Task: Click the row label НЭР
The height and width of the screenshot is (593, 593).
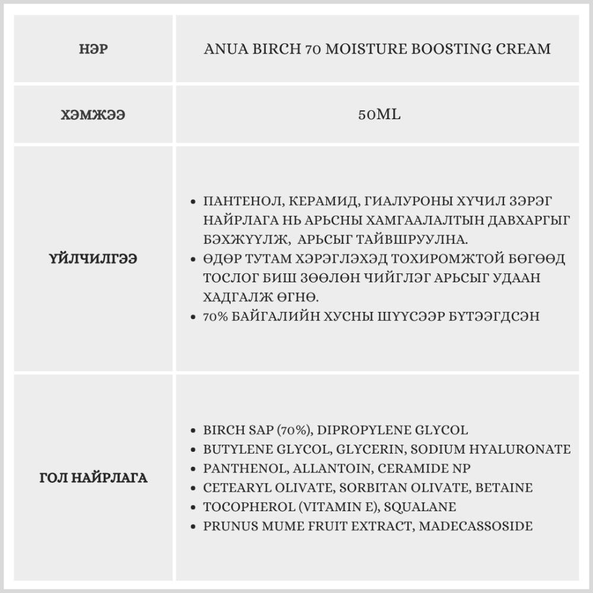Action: (93, 49)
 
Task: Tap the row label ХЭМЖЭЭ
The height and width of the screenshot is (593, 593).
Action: (93, 114)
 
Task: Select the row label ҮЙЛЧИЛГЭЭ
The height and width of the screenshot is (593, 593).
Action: (93, 259)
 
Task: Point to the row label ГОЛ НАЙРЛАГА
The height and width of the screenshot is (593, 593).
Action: (93, 477)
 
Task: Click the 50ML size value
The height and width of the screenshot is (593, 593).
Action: (379, 114)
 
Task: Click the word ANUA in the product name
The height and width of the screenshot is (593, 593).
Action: (223, 49)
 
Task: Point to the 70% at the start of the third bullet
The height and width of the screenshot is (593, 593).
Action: (214, 317)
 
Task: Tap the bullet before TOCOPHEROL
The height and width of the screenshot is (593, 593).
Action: (194, 507)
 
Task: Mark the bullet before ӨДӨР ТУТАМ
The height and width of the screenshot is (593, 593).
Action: (194, 259)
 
